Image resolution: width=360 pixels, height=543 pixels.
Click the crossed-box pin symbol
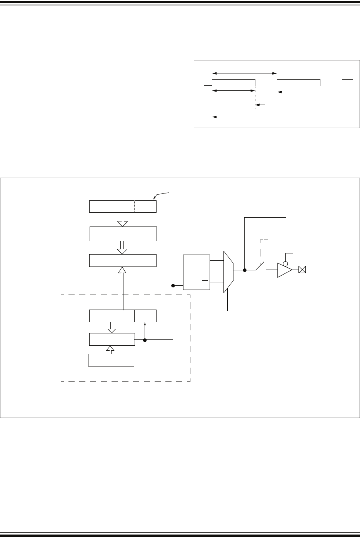click(302, 270)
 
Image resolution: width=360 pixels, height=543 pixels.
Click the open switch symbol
click(260, 267)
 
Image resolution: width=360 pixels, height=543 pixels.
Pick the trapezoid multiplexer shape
click(228, 272)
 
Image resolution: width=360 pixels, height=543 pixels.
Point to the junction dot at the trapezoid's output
click(244, 270)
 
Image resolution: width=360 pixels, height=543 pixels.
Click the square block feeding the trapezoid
click(197, 272)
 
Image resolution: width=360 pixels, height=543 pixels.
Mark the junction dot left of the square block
click(173, 286)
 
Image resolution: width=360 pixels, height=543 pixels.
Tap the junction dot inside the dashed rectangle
click(145, 340)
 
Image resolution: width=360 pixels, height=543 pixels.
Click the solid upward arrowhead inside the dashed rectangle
click(145, 325)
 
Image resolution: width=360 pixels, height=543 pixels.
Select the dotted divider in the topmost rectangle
click(135, 207)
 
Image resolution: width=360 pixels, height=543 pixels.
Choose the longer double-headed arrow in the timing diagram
click(245, 72)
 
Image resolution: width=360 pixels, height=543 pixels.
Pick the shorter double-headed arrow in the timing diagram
click(234, 91)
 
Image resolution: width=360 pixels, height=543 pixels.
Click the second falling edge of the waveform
click(320, 83)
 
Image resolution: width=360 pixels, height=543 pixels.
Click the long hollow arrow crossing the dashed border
click(122, 288)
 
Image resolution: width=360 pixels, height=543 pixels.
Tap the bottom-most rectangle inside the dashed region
click(111, 360)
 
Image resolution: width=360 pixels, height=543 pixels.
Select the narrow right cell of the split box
click(145, 316)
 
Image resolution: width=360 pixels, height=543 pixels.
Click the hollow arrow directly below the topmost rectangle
click(122, 220)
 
